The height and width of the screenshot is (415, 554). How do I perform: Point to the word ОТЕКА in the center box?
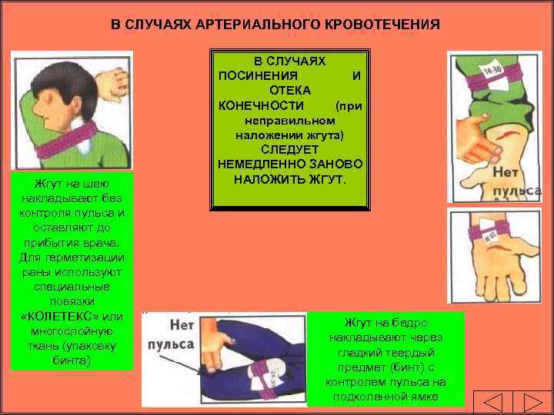tap(290, 90)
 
